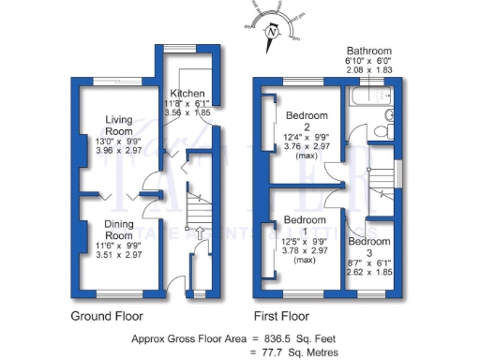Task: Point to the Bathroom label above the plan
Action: pos(367,50)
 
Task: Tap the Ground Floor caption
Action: pos(108,315)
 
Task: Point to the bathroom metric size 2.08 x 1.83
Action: pos(367,70)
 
